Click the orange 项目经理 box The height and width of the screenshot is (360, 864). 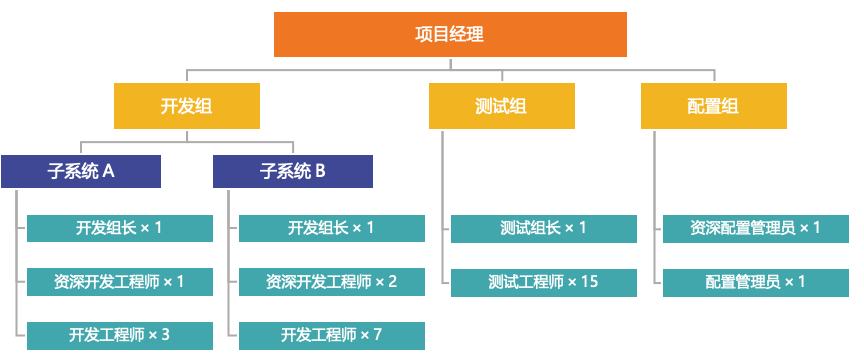coord(450,34)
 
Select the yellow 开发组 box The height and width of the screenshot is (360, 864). coord(186,106)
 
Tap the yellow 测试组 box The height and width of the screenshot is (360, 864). coord(501,106)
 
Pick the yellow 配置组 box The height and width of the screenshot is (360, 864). coord(713,106)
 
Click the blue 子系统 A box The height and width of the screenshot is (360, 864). coord(81,171)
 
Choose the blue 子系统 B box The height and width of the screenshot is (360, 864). coord(293,171)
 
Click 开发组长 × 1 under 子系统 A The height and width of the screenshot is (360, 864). coord(119,228)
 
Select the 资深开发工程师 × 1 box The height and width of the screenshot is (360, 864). coord(119,282)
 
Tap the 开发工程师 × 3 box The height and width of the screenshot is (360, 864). coord(119,335)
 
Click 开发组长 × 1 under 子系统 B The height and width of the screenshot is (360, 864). coord(331,228)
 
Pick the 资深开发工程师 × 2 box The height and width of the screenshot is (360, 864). coord(331,282)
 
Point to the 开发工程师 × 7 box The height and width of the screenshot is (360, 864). coord(331,335)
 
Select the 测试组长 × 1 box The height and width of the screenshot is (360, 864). coord(543,228)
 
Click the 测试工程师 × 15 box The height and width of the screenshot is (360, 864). coord(543,282)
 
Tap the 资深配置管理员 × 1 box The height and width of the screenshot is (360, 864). coord(755,228)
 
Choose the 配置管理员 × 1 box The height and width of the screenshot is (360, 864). coord(755,282)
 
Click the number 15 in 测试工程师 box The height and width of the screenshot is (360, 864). coord(589,282)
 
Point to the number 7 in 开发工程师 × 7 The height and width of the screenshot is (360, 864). coord(377,335)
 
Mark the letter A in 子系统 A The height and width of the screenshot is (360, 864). coord(108,171)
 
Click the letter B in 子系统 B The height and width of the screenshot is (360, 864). coord(320,171)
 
